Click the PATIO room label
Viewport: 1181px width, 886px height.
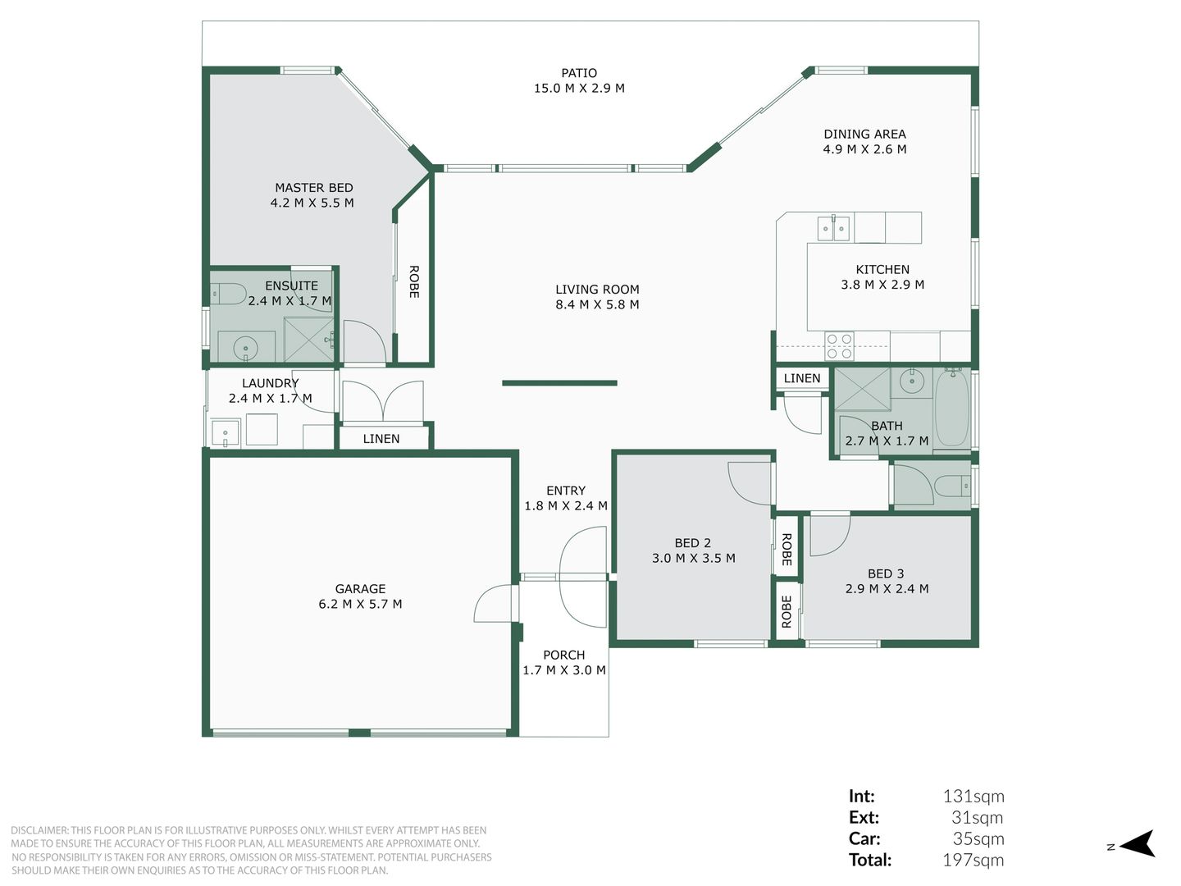click(579, 73)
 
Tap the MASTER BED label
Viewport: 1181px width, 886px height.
click(313, 188)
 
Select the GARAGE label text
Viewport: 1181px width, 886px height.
click(360, 588)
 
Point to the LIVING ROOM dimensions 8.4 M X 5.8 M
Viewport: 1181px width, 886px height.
click(597, 304)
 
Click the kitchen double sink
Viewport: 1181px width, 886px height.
click(833, 228)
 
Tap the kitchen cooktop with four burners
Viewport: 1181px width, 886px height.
click(839, 346)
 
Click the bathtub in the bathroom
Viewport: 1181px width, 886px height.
click(952, 407)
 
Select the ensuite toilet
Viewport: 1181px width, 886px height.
click(228, 294)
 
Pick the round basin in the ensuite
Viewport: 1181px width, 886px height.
click(245, 348)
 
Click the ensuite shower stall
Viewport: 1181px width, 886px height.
click(309, 340)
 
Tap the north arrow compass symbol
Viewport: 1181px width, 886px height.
click(1138, 843)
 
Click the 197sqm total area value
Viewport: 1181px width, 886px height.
click(973, 860)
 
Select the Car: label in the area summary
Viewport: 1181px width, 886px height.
click(864, 838)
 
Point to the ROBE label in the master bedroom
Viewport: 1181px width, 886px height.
click(413, 281)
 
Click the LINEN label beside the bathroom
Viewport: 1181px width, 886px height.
click(801, 378)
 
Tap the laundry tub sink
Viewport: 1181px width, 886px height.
click(226, 434)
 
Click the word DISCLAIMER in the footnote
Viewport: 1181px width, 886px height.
click(39, 830)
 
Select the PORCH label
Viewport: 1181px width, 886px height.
click(564, 655)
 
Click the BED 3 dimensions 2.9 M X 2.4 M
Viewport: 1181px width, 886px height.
click(887, 588)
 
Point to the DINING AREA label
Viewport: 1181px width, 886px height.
click(864, 134)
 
